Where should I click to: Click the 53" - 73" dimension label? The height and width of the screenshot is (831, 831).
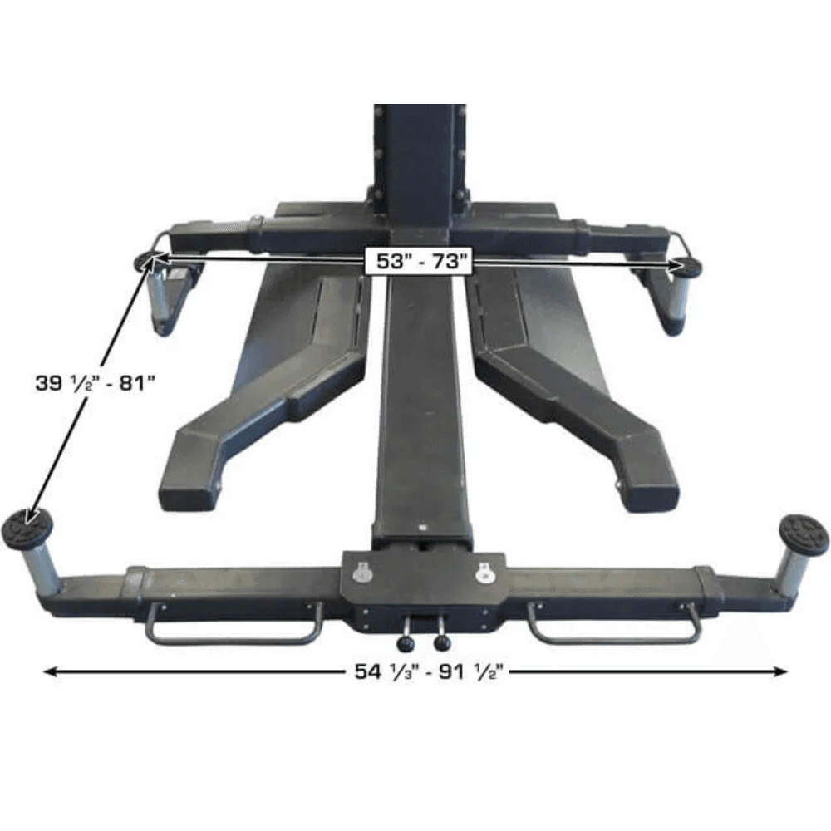pos(417,261)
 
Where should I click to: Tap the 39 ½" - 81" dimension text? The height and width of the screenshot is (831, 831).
pos(95,382)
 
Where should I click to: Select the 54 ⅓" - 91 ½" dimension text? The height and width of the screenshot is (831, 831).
pos(427,672)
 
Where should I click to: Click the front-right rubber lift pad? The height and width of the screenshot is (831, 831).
pos(804,531)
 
